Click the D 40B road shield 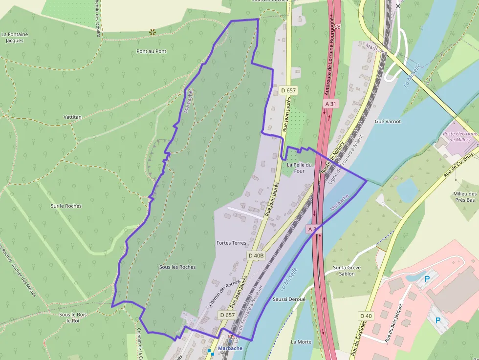pos(256,255)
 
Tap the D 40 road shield pos(366,316)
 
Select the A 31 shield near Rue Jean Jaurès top pos(331,104)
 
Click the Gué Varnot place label pos(387,121)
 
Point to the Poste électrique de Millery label pos(459,137)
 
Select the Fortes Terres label pos(231,243)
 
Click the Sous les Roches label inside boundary pos(177,267)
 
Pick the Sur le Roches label pos(66,206)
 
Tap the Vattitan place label pos(72,117)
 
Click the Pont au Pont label pos(152,51)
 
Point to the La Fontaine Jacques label pos(15,38)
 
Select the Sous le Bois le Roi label pos(73,318)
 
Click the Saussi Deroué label pos(289,299)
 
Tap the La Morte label pos(301,342)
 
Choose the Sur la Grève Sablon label pos(347,271)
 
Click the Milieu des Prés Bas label pos(464,197)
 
